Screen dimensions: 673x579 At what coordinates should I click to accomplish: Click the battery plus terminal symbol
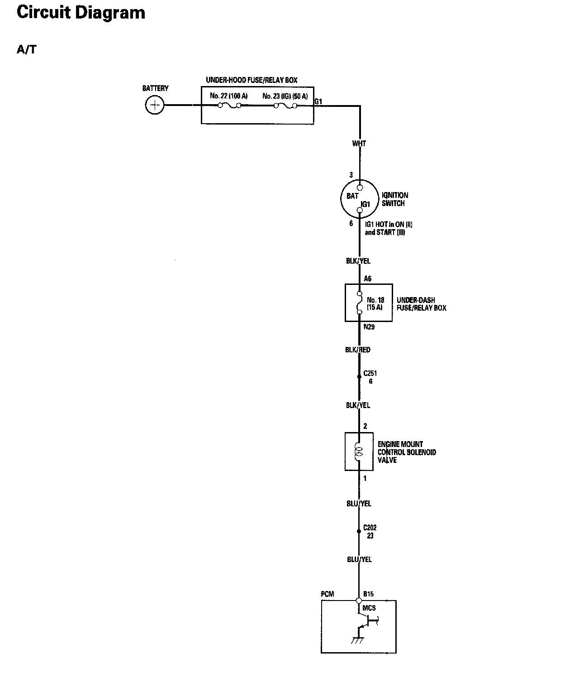click(x=155, y=106)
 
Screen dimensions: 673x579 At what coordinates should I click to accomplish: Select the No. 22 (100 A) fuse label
click(x=228, y=96)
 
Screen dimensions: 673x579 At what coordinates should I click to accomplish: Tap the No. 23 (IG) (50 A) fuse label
click(x=285, y=96)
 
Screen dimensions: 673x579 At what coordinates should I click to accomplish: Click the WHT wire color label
click(x=359, y=144)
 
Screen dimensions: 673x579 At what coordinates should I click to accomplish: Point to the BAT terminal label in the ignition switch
click(x=352, y=196)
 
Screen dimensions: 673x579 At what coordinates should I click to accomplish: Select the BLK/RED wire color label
click(x=358, y=350)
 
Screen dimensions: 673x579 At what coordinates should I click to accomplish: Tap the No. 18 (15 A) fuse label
click(x=375, y=303)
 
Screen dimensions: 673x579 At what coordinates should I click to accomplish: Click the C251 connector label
click(x=370, y=374)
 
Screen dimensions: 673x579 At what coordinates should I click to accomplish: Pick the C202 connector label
click(x=370, y=528)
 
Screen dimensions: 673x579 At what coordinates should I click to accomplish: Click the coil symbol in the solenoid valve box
click(x=359, y=452)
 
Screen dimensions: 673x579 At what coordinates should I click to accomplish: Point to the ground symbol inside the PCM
click(x=357, y=640)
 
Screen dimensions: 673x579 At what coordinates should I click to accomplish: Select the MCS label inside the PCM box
click(x=369, y=608)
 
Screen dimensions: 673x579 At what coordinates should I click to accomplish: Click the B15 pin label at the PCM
click(x=368, y=594)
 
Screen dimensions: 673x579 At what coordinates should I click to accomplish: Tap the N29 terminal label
click(x=369, y=327)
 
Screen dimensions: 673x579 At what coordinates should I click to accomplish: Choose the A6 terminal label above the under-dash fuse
click(x=368, y=279)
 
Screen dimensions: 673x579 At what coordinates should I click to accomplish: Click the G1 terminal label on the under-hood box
click(x=318, y=102)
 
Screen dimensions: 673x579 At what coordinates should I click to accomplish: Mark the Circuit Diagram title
click(x=81, y=12)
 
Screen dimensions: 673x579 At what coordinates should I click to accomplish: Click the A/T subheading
click(x=26, y=50)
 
